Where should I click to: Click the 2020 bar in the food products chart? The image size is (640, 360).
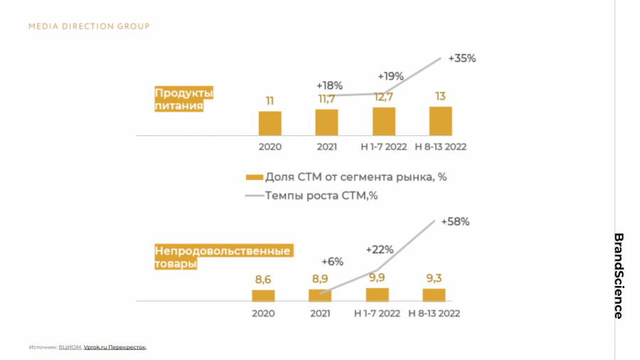[x=270, y=123]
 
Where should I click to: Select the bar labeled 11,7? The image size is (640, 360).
[x=326, y=122]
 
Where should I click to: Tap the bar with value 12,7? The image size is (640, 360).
[x=383, y=121]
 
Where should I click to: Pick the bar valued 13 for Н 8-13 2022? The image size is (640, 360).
[x=440, y=120]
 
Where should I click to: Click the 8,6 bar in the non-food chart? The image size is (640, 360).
[x=263, y=295]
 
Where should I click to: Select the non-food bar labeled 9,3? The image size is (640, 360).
[x=434, y=295]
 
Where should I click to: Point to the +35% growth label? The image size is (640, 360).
[x=462, y=58]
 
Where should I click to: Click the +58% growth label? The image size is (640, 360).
[x=455, y=221]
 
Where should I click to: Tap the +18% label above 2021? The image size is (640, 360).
[x=330, y=85]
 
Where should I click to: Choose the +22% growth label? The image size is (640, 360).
[x=380, y=249]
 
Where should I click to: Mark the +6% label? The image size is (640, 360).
[x=332, y=261]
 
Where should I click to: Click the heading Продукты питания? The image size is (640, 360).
[x=183, y=100]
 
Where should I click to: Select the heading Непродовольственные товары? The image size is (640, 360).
[x=222, y=258]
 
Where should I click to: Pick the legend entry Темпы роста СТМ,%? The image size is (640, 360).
[x=321, y=196]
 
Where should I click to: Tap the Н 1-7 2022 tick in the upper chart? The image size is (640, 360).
[x=383, y=147]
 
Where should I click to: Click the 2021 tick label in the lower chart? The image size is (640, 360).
[x=320, y=313]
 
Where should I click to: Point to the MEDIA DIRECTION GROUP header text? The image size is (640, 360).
[x=89, y=26]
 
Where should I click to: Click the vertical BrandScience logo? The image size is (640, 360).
[x=619, y=275]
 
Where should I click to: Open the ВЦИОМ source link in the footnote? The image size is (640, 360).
[x=70, y=347]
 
